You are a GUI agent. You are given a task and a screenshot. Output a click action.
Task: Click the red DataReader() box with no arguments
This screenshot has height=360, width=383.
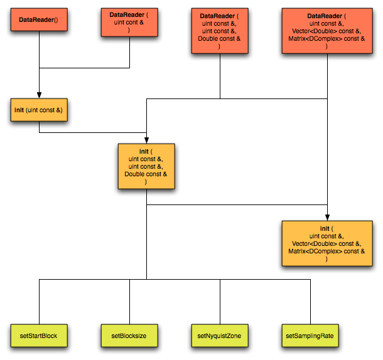coord(38,20)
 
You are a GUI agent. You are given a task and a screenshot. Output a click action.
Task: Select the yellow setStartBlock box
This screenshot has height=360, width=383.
coord(38,336)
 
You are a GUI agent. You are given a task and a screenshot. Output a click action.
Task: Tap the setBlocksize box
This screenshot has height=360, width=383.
coord(129,336)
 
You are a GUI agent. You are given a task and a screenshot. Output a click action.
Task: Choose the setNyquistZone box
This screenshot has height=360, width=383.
coord(219,336)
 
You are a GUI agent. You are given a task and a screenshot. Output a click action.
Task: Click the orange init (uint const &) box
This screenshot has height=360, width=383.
coord(38,110)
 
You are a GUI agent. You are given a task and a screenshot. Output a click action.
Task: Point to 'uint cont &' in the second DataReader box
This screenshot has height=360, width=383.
coord(129,22)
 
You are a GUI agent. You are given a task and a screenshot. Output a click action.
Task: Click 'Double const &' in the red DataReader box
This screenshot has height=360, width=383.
coord(219,39)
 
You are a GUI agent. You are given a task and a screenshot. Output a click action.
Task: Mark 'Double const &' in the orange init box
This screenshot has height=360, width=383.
coord(146,174)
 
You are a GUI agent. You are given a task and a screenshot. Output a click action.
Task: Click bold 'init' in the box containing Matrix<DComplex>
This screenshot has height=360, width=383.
coord(324,228)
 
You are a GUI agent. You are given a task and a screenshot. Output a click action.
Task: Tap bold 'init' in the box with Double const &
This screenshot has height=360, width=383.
coord(144,151)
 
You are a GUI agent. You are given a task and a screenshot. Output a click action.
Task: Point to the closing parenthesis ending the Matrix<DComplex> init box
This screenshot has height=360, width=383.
coord(326,258)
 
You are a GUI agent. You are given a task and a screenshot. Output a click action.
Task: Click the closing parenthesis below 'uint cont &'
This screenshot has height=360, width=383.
coord(129,29)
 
